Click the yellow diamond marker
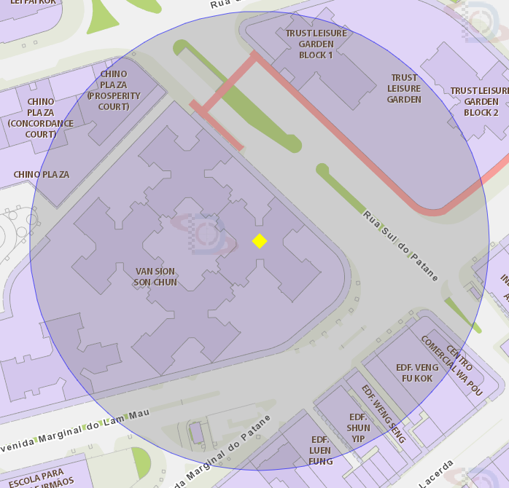tap(259, 241)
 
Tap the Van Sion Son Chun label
tap(155, 277)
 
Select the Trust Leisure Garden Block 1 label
tap(316, 44)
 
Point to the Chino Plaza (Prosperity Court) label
tap(114, 90)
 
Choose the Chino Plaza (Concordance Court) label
tap(41, 118)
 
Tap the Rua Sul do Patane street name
tap(401, 245)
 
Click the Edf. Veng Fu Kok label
tap(417, 373)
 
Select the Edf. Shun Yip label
tap(358, 428)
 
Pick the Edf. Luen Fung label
tap(321, 450)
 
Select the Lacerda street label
tap(436, 473)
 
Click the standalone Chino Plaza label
tap(41, 174)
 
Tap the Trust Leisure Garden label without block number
tap(404, 88)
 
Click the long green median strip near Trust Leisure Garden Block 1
tap(241, 98)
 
